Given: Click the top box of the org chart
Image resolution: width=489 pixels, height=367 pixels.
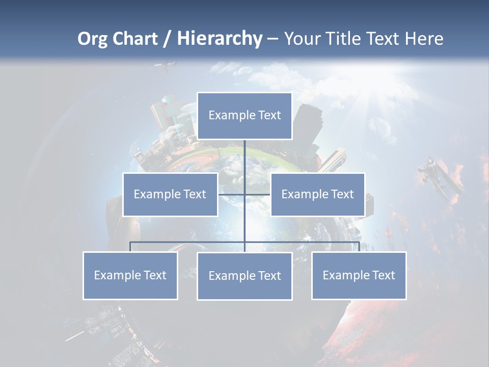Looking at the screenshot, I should point(244,116).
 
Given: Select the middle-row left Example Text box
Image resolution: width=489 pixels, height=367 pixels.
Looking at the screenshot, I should point(170,194).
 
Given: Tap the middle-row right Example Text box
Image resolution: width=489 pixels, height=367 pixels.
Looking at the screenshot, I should point(317,194).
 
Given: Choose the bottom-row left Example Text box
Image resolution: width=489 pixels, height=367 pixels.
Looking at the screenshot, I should point(130,275).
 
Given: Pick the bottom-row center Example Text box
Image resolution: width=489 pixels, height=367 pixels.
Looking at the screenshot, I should point(244,276).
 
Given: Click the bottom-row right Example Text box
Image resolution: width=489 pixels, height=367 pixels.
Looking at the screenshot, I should point(359,275).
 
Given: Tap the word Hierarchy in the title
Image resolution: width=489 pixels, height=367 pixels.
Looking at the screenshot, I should point(220,39).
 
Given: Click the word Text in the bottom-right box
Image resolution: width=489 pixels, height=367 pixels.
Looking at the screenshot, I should point(384,275).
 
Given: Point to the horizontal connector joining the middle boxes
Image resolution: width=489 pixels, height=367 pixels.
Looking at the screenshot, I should point(244,194).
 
